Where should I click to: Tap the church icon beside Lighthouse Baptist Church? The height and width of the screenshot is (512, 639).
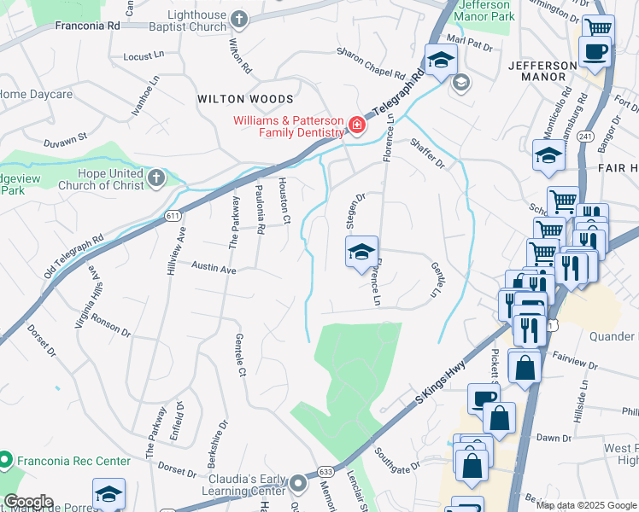(239, 19)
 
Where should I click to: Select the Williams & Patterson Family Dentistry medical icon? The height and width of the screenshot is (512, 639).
(355, 127)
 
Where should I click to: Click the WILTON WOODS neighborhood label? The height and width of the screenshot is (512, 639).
(245, 100)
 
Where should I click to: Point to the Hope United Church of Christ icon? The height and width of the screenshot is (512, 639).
(155, 177)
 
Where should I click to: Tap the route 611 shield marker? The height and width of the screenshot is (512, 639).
(171, 218)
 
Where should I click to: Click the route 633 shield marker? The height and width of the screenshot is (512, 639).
(325, 470)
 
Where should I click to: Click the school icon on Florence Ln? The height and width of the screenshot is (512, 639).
(361, 252)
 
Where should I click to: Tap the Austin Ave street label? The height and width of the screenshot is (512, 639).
(213, 268)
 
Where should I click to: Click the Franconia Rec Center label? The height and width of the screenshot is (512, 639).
(72, 461)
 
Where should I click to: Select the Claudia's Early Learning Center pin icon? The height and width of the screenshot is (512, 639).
(298, 485)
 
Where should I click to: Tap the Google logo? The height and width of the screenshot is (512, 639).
(27, 502)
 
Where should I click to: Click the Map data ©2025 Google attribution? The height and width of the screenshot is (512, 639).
(586, 505)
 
